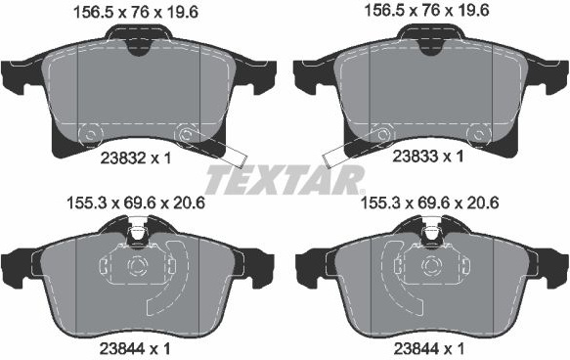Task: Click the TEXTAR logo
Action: (285, 180)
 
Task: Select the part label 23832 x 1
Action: (135, 158)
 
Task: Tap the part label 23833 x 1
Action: (428, 157)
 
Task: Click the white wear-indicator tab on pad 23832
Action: (236, 157)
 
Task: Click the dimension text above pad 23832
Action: (136, 13)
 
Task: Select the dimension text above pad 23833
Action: (426, 11)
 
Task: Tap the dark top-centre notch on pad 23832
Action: (138, 48)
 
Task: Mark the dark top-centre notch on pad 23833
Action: (431, 48)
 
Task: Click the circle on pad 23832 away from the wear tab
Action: (90, 135)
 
